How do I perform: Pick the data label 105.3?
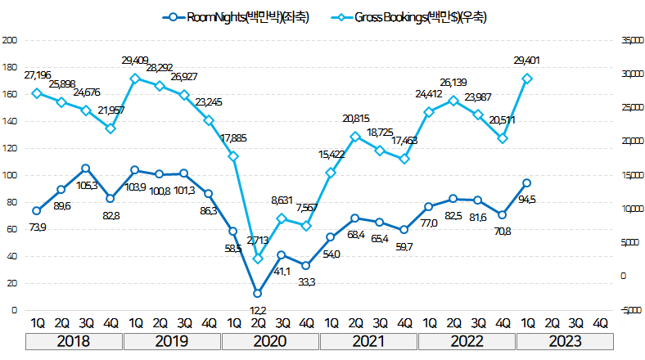pos(86,186)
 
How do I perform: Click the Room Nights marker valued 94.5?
pos(527,183)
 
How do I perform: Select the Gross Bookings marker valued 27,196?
pos(36,93)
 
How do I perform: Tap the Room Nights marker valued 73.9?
pos(36,211)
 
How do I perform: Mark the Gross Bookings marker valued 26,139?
pos(453,101)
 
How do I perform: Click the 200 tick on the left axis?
pos(9,40)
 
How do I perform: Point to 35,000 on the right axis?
pos(629,40)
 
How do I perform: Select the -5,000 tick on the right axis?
pos(629,310)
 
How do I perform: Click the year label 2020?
pos(270,340)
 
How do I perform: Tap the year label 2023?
pos(565,340)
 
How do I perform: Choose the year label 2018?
pos(74,340)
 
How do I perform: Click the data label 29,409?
pos(136,60)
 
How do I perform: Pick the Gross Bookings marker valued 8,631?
pos(282,218)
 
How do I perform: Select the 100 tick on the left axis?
pos(9,175)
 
